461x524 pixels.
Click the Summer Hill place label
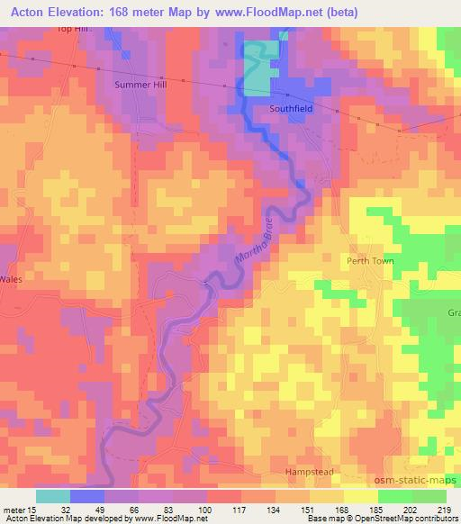(x=141, y=85)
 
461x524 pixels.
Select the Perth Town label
(x=370, y=260)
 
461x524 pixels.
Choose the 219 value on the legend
(x=446, y=509)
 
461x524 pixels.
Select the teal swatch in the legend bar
(x=53, y=496)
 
